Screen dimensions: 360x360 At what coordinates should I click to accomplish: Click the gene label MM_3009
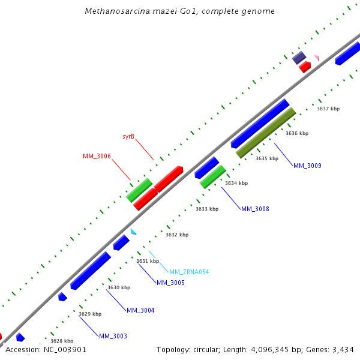coord(307,166)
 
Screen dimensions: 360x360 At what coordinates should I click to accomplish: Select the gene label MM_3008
coord(255,209)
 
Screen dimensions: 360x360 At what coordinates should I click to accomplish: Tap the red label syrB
coord(128,137)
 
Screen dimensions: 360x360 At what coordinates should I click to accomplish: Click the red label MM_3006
coord(97,156)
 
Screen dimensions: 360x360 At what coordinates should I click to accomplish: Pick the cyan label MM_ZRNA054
coord(189,272)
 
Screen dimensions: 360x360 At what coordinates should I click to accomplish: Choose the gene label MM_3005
coord(170,283)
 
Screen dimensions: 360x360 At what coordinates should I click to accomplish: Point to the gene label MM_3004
coord(140,310)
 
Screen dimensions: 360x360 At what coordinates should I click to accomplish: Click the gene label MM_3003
coord(113,336)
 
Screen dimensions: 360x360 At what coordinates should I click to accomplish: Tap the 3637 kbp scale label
coord(328,109)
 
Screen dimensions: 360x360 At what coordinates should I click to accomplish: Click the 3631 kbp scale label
coord(148,261)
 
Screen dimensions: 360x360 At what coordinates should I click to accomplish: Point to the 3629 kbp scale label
coord(90,314)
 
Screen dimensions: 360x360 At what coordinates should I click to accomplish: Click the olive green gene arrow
coord(266,133)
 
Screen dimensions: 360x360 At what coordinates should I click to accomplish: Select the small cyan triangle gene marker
coord(133,232)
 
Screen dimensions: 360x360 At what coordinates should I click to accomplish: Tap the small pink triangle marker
coord(316,58)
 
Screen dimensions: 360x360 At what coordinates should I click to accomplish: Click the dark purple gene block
coord(299,58)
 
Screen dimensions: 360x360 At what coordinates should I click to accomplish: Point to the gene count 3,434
coord(342,349)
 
